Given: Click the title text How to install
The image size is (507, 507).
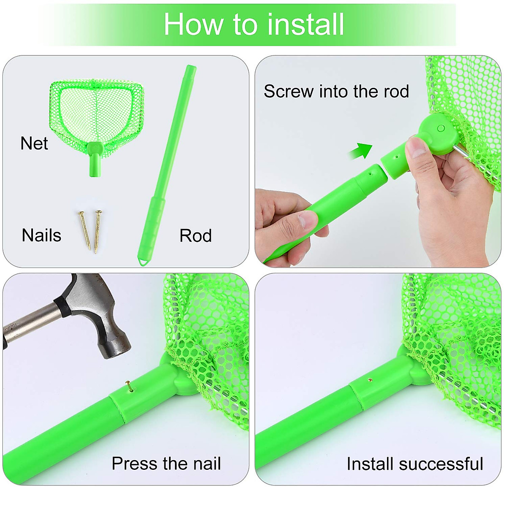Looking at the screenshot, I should pyautogui.click(x=253, y=24).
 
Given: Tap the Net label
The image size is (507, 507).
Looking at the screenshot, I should pyautogui.click(x=34, y=143).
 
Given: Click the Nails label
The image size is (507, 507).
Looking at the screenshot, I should pyautogui.click(x=41, y=235).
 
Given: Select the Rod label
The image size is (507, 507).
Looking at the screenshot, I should pyautogui.click(x=195, y=236).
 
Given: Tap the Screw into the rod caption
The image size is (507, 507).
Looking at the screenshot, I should pyautogui.click(x=336, y=91).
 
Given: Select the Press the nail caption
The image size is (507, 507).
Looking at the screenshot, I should pyautogui.click(x=166, y=463).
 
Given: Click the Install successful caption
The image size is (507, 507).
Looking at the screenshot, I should pyautogui.click(x=414, y=463).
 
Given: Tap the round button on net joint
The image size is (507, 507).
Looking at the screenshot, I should pyautogui.click(x=441, y=128).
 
